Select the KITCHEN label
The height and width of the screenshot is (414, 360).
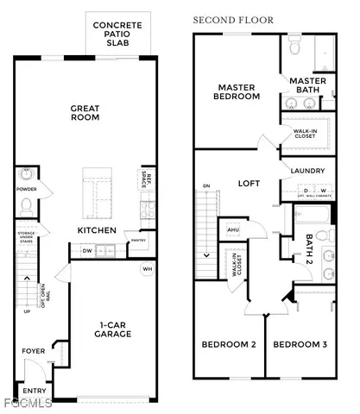97,230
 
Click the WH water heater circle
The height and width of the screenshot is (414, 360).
146,269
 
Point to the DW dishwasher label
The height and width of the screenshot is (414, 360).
86,251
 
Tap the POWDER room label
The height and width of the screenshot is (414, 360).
27,189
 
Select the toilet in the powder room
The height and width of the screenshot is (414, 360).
26,207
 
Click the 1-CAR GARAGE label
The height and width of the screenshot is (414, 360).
111,329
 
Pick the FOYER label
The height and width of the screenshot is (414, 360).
34,351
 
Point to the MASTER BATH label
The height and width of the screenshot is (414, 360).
313,85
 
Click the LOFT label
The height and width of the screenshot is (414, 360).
249,184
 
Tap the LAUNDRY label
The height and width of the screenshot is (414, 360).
307,171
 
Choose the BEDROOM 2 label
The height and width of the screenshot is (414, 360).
228,345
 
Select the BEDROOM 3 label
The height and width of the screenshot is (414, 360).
300,345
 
